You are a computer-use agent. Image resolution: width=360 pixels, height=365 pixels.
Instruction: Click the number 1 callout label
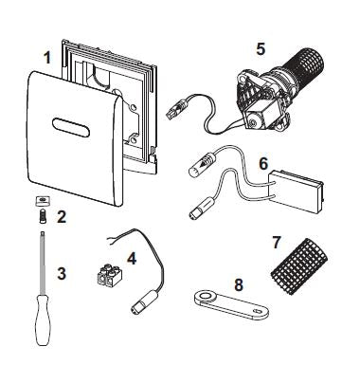(45, 58)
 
